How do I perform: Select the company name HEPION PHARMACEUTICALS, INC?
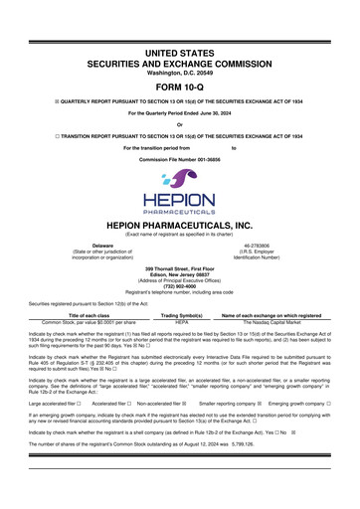180,225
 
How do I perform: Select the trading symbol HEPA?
181,324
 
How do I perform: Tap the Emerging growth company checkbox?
329,405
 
